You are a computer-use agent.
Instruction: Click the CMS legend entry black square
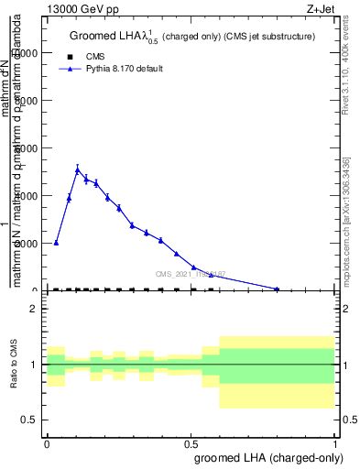point(70,56)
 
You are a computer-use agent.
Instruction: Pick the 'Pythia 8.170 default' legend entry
point(124,69)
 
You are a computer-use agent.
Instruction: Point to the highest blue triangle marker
point(78,170)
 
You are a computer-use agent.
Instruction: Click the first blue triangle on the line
point(56,243)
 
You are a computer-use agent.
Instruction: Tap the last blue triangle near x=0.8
point(278,289)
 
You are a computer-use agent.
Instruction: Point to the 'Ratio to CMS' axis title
point(14,364)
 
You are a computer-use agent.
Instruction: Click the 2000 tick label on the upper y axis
point(26,244)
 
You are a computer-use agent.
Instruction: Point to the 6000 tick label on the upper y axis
point(26,148)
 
